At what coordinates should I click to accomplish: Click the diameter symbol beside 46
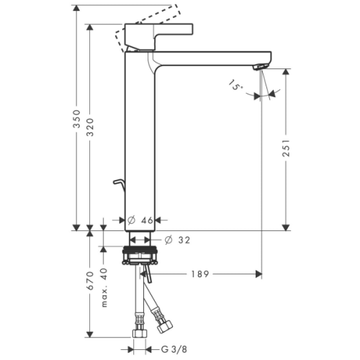pyautogui.click(x=133, y=221)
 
